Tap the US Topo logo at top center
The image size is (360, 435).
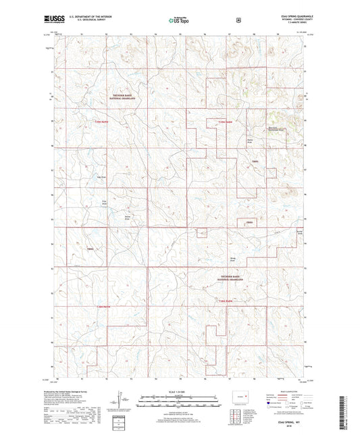pyautogui.click(x=180, y=20)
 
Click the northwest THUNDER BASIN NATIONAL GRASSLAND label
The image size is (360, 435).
pyautogui.click(x=119, y=97)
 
